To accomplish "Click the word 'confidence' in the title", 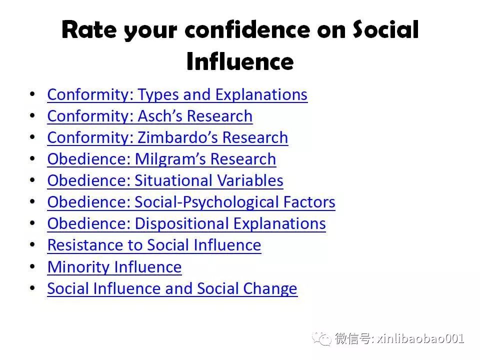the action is coord(247,29).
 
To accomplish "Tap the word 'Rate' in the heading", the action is coord(89,29).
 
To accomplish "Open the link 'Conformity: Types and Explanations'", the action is coord(177,94).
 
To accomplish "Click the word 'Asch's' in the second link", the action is coord(160,116).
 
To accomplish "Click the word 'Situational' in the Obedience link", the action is coord(173,180).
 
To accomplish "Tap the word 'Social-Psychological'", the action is coord(206,202).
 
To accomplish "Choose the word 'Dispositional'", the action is coord(182,224).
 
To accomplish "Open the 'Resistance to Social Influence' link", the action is coord(154,245).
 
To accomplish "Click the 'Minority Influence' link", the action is coord(114,267).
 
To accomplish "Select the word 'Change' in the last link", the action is coord(270,288).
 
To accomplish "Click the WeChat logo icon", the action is coord(321,338).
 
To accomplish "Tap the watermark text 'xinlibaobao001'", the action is coord(420,338).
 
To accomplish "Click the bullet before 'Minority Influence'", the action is coord(32,266).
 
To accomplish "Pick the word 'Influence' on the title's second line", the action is coord(240,61).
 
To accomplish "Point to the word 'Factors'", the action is coord(309,202).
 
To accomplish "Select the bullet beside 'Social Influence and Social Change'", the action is coord(32,288).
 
